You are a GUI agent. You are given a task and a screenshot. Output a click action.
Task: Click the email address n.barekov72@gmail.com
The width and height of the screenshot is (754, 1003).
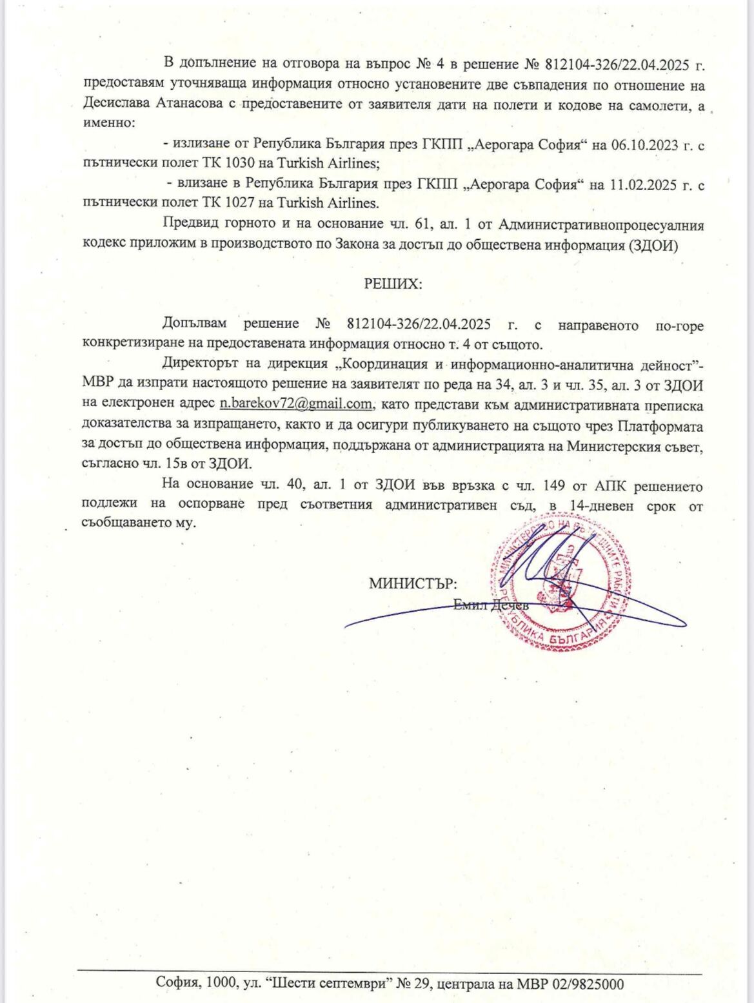tap(296, 404)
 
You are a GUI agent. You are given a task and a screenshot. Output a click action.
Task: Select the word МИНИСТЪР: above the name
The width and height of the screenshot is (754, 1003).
tap(413, 584)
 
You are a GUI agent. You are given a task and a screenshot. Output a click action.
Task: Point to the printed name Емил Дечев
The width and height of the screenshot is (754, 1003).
tap(491, 605)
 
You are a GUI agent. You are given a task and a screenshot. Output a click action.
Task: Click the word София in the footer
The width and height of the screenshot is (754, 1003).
tap(178, 984)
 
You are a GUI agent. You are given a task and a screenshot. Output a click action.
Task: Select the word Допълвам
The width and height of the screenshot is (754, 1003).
tap(195, 324)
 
